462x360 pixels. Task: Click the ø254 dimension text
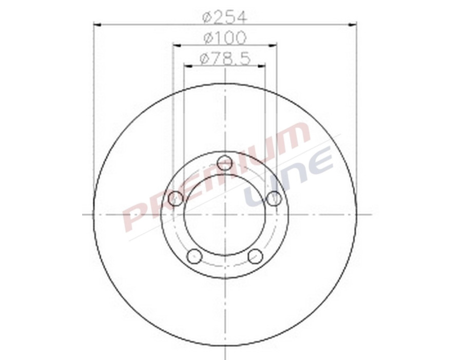pyautogui.click(x=225, y=17)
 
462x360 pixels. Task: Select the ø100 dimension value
pyautogui.click(x=225, y=38)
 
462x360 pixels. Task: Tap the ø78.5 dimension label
pyautogui.click(x=225, y=59)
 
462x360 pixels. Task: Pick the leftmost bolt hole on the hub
pyautogui.click(x=176, y=198)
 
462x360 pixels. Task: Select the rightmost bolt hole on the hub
pyautogui.click(x=274, y=198)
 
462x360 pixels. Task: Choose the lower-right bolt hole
pyautogui.click(x=255, y=255)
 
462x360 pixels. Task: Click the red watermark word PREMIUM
pyautogui.click(x=216, y=174)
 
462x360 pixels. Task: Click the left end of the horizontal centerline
pyautogui.click(x=84, y=214)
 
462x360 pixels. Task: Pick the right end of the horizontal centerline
pyautogui.click(x=371, y=214)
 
